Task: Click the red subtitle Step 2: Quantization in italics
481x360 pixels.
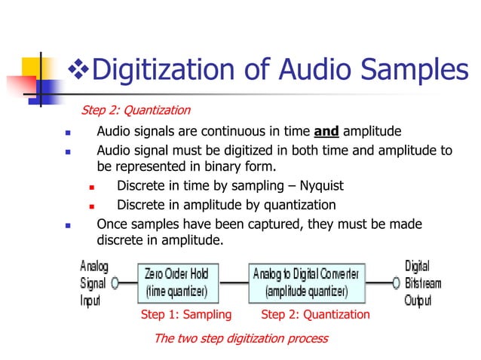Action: pyautogui.click(x=135, y=111)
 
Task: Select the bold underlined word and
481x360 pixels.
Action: pyautogui.click(x=326, y=131)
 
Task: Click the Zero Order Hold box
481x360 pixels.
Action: pyautogui.click(x=179, y=282)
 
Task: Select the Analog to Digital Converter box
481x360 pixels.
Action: pyautogui.click(x=307, y=282)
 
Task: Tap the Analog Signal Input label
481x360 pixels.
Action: pyautogui.click(x=95, y=283)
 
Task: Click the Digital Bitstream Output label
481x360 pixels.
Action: pyautogui.click(x=422, y=283)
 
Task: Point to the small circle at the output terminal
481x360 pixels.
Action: pyautogui.click(x=396, y=283)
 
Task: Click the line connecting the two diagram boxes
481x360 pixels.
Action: pyautogui.click(x=234, y=283)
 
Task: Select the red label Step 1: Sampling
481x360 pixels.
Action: pyautogui.click(x=186, y=315)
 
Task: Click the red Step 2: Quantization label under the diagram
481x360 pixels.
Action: pyautogui.click(x=315, y=315)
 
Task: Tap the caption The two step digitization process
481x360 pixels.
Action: pyautogui.click(x=240, y=338)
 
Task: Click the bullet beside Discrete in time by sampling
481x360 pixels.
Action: pyautogui.click(x=91, y=187)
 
